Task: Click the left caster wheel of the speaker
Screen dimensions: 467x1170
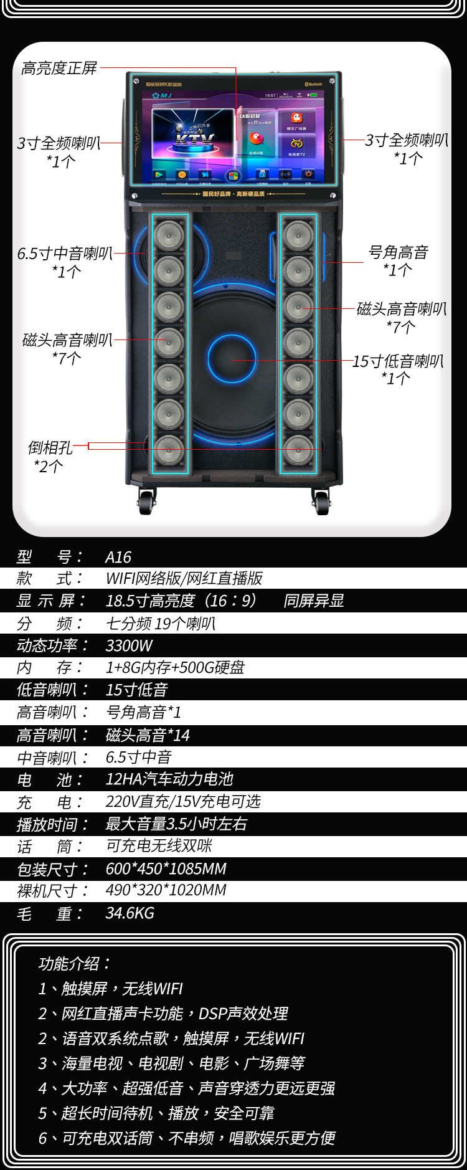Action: (146, 502)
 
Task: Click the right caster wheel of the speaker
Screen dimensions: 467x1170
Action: (321, 502)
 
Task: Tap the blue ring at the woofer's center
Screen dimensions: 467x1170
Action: (232, 359)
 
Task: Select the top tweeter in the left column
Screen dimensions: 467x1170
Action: (169, 235)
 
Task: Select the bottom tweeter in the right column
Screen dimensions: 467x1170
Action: (298, 449)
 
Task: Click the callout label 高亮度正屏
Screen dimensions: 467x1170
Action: (59, 68)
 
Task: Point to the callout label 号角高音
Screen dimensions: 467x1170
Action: (398, 252)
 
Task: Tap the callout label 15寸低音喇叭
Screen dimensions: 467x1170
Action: (398, 361)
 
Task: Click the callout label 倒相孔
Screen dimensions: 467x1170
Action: (50, 448)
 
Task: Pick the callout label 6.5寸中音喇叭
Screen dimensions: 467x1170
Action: (65, 254)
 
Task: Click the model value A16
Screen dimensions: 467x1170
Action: (118, 557)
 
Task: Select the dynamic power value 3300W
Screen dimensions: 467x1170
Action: (129, 645)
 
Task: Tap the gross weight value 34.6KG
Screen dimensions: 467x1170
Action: (130, 913)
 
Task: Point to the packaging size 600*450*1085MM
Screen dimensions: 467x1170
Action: (166, 868)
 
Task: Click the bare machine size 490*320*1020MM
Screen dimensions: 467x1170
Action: (166, 890)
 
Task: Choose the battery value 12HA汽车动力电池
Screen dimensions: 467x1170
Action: (169, 779)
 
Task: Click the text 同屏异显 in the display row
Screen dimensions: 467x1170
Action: (314, 601)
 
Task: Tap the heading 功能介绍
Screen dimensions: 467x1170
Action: (74, 964)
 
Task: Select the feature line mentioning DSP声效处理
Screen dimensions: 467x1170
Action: (163, 1014)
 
